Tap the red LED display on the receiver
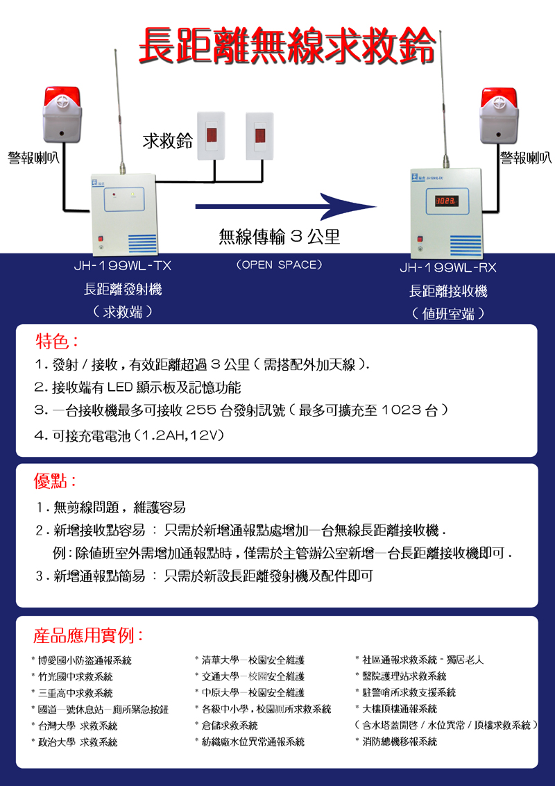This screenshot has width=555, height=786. [446, 201]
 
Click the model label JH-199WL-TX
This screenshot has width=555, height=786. [123, 266]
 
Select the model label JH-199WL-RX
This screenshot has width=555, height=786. [447, 268]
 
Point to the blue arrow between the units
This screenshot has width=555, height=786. [286, 206]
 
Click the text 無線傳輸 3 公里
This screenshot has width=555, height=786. [280, 237]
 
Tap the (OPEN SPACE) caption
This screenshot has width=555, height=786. [279, 265]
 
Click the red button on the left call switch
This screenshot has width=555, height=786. [212, 135]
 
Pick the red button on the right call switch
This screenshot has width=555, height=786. [260, 135]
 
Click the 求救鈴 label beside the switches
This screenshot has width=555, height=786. [168, 141]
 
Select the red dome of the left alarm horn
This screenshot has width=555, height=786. [62, 96]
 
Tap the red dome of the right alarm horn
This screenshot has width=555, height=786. [499, 97]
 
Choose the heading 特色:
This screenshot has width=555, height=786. [56, 342]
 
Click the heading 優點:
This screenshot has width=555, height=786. [55, 482]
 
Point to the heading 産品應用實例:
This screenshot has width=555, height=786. [88, 635]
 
